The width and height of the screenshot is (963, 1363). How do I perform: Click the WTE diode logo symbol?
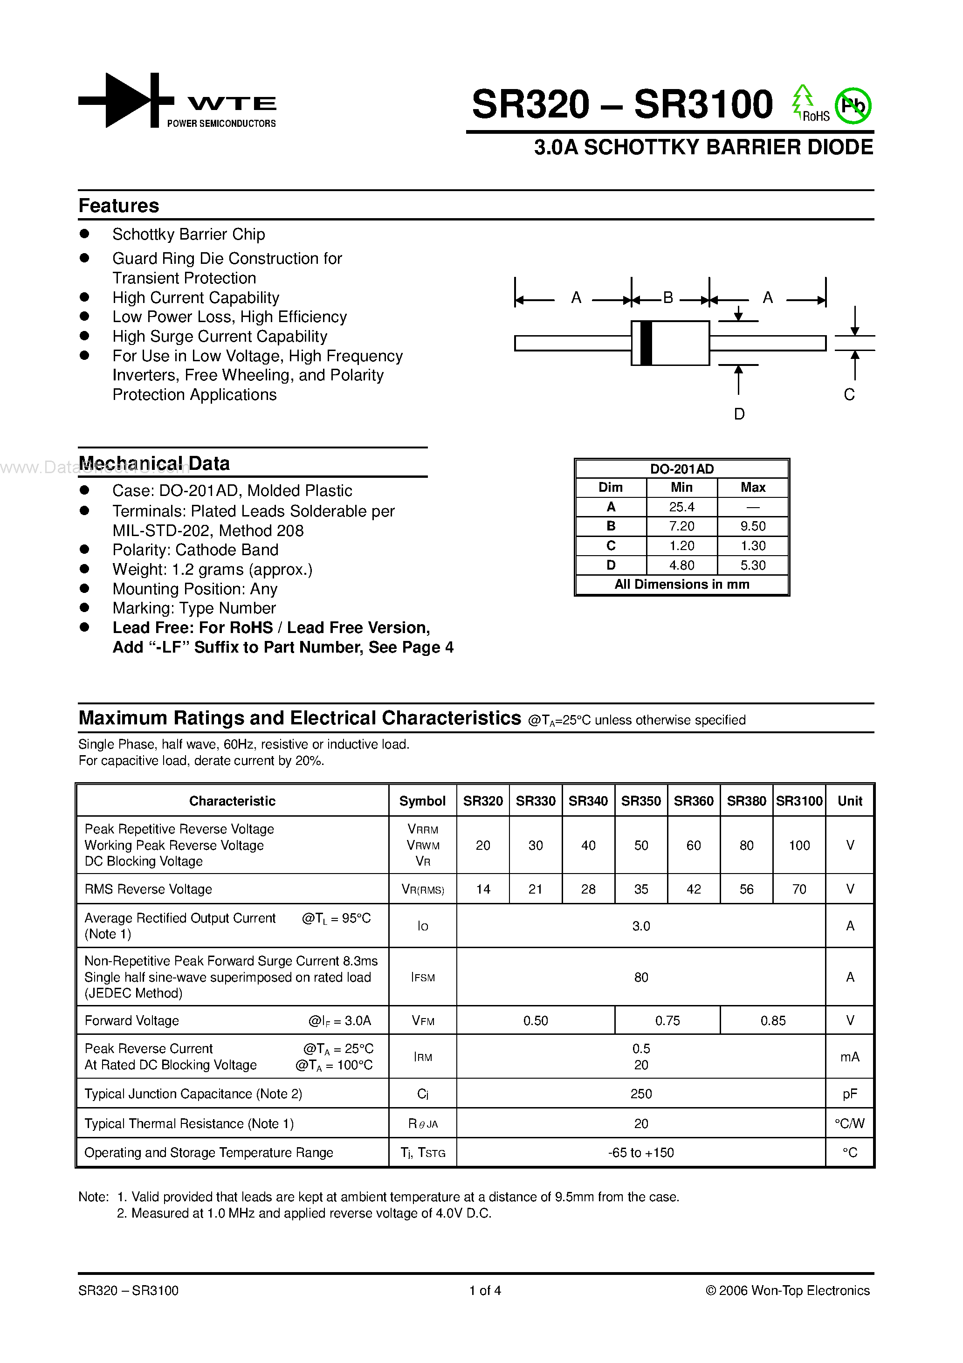126,100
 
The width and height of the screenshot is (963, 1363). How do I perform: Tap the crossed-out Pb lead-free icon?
853,106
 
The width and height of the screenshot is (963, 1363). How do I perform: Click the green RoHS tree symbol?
802,100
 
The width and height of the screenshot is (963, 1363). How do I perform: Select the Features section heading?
119,206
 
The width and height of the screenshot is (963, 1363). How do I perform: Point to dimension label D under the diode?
739,414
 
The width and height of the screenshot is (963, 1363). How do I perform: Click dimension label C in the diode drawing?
849,395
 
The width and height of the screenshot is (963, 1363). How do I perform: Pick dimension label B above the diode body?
668,297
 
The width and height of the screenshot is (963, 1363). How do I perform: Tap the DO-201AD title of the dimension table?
681,469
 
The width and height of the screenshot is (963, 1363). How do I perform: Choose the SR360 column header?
694,801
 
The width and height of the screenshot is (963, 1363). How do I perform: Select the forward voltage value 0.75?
667,1020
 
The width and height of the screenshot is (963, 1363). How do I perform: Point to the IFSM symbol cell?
423,977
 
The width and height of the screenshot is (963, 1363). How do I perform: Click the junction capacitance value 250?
641,1094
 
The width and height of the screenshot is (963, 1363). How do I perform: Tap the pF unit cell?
850,1094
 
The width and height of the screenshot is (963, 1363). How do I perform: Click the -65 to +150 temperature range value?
641,1152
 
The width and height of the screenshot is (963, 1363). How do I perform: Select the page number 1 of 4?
485,1290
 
